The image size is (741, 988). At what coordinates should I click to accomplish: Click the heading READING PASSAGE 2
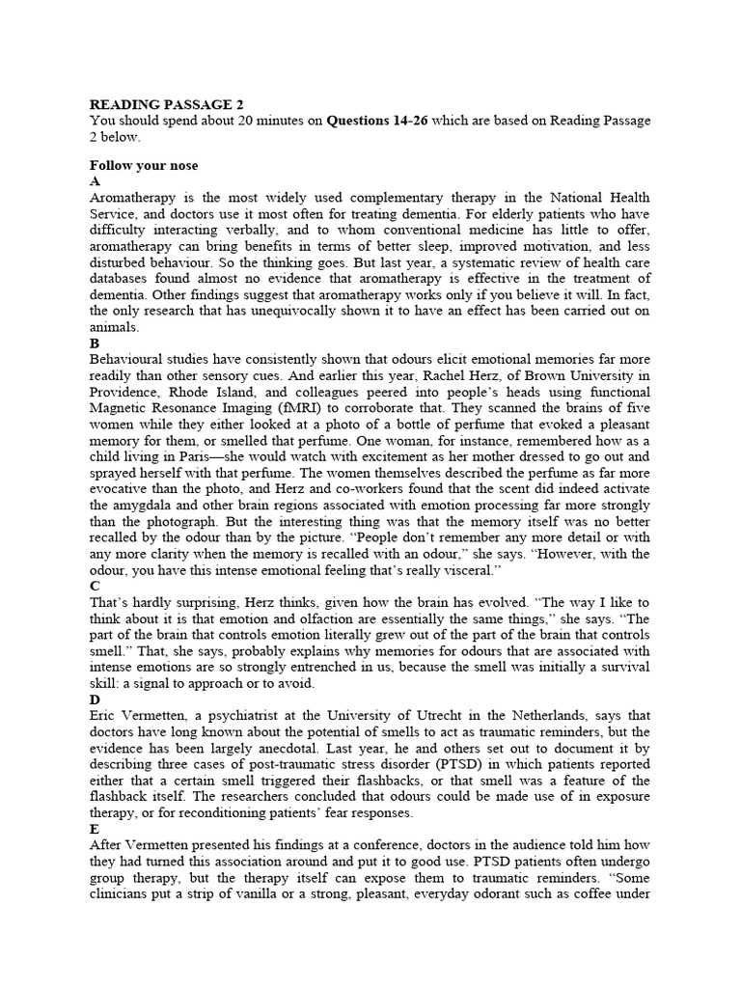coord(160,104)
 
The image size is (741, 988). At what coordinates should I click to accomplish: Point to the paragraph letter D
coord(95,700)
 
